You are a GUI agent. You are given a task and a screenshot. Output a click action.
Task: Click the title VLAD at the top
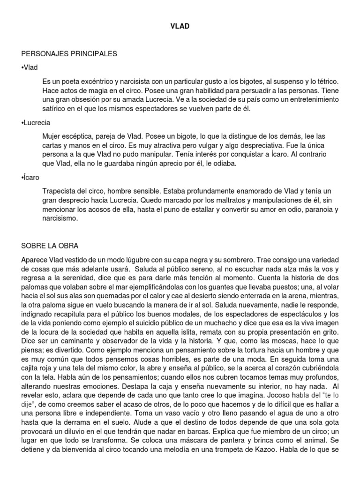coord(180,27)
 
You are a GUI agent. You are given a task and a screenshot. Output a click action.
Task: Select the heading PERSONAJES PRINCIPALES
coord(69,54)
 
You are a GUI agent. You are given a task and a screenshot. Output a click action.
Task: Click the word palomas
coord(35,287)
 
